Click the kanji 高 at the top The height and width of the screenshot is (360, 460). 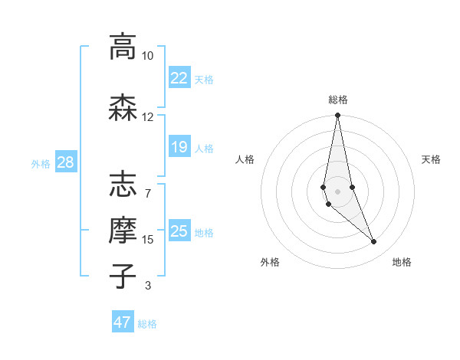coord(123,47)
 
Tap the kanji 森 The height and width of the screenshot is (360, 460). coord(123,108)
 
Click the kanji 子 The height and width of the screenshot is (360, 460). coord(123,277)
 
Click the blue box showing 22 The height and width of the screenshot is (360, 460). coord(179,78)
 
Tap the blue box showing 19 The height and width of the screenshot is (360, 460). coord(179,147)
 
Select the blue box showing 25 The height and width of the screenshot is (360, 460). coord(179,231)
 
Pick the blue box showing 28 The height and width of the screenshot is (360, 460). coord(64,162)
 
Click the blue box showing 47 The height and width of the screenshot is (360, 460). coord(122,322)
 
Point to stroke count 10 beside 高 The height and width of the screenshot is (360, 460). coord(147,56)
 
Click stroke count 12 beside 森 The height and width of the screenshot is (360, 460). coord(147,117)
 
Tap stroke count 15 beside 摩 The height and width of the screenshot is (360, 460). coord(147,240)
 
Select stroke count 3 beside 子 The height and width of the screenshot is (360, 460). coord(147,286)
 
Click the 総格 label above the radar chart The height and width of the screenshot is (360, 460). coord(337,100)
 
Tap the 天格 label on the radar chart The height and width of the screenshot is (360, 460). coord(431,159)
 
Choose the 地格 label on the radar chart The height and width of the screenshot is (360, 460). coord(402,262)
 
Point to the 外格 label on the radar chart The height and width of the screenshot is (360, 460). coord(270,262)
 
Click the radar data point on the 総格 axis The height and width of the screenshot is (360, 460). coord(337,116)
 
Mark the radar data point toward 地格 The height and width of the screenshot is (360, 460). coord(374,242)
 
